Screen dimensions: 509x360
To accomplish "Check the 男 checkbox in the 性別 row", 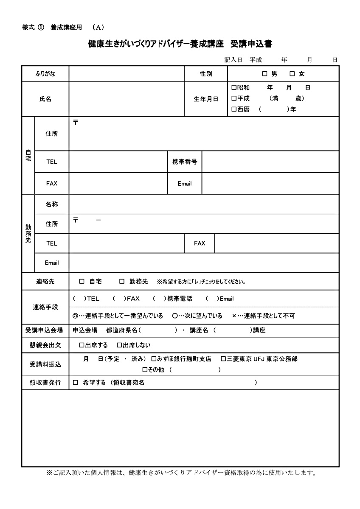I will (264, 74).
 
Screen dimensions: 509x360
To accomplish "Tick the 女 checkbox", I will (292, 74).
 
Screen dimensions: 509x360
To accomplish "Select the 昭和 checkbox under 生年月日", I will (233, 88).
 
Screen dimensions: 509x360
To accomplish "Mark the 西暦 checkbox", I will (233, 109).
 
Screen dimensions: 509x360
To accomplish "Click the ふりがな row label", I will (45, 74).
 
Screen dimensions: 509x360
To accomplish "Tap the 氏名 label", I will (45, 99).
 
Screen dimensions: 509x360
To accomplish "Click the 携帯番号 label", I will (185, 162).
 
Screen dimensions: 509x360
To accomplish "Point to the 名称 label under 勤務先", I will (52, 204).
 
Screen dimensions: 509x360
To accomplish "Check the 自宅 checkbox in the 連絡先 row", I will (82, 281).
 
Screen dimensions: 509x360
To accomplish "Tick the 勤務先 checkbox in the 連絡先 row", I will (122, 281).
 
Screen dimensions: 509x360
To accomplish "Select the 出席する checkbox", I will (82, 345).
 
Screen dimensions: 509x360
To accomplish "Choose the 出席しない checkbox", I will (119, 345).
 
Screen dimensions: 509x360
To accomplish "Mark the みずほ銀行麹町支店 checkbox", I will (154, 359).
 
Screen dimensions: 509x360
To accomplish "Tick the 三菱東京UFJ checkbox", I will (223, 359).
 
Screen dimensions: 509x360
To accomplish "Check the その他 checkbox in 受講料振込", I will (145, 370).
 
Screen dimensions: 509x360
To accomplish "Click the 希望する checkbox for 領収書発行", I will (76, 383).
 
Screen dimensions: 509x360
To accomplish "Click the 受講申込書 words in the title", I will (251, 43).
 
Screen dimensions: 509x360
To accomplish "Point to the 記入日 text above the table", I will (233, 60).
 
